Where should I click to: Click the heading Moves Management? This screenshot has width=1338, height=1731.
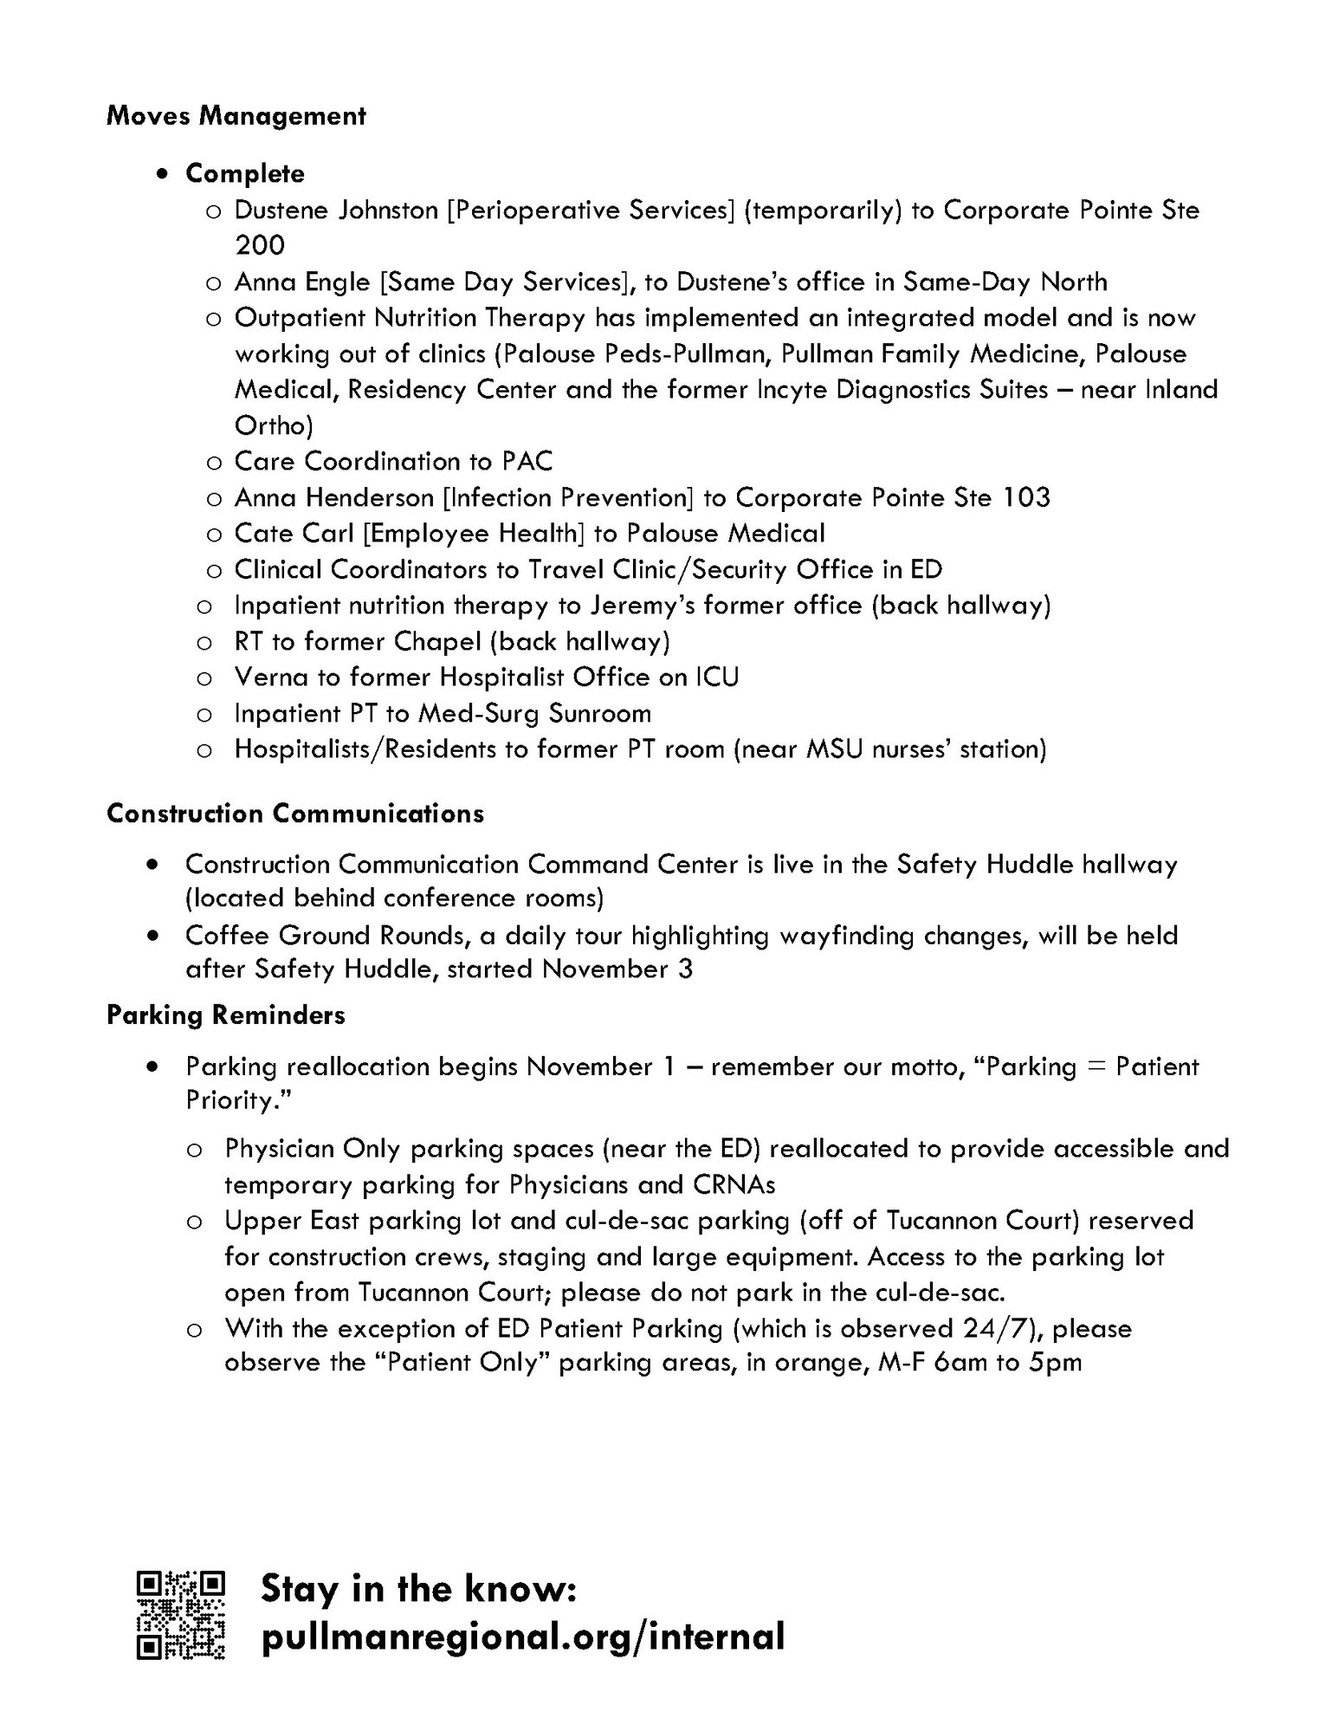click(236, 116)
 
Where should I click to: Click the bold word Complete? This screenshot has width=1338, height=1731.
click(245, 173)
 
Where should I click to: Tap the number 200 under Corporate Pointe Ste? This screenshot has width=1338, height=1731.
click(260, 245)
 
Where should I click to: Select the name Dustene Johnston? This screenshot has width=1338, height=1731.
click(336, 211)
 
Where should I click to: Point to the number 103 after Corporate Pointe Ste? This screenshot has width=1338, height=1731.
click(1026, 497)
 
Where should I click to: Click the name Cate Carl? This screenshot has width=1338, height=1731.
click(294, 533)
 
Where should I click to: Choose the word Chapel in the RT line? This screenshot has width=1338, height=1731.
click(437, 641)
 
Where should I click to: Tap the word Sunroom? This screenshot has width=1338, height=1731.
click(599, 713)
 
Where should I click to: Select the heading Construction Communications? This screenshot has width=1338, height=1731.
click(294, 814)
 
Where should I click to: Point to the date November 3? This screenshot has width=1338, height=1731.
click(617, 969)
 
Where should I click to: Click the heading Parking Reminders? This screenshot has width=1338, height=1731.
click(225, 1015)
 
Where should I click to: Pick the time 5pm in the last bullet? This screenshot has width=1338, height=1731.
click(1056, 1363)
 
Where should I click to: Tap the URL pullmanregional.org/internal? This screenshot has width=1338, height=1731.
click(522, 1637)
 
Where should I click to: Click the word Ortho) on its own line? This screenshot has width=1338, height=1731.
click(274, 425)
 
